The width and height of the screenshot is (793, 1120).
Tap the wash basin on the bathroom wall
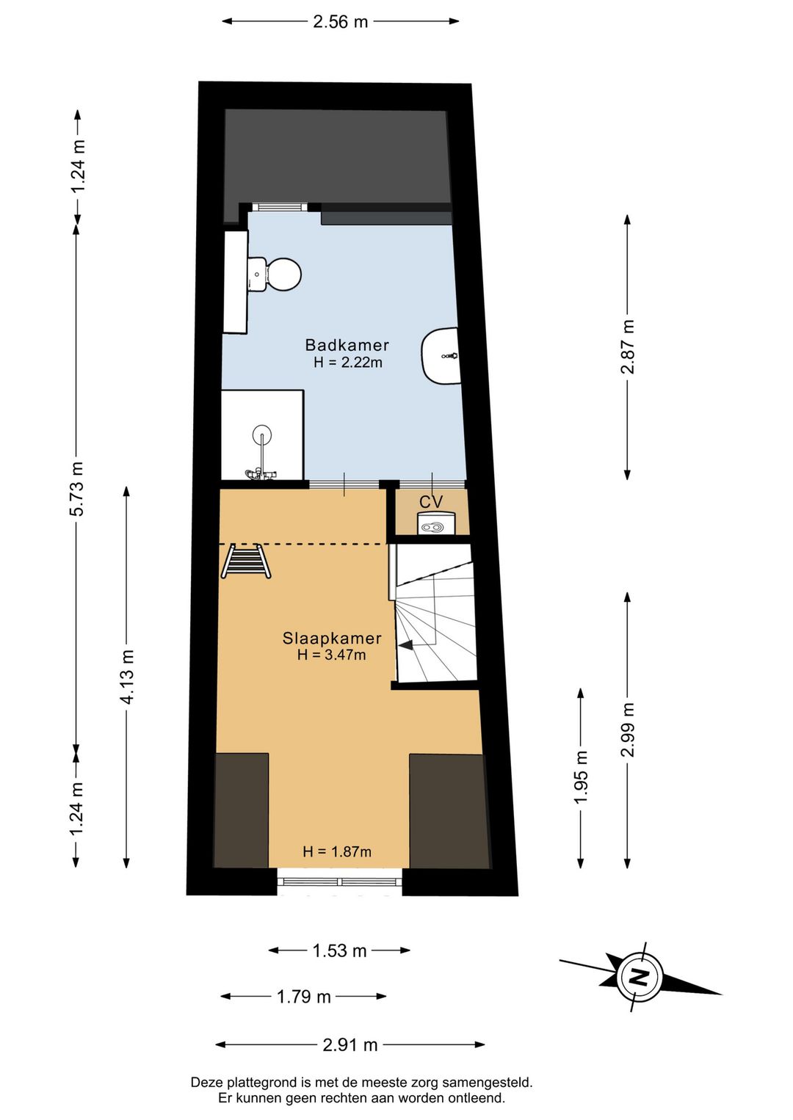[441, 356]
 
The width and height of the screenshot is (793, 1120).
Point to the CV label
[431, 502]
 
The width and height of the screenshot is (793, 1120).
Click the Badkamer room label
[347, 345]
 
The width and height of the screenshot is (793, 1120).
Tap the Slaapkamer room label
[332, 638]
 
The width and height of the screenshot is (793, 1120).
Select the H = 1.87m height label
[337, 851]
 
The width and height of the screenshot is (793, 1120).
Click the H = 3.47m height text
[332, 655]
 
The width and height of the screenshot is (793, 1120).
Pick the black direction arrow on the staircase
[405, 645]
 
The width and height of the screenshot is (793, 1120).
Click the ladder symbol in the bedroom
[246, 561]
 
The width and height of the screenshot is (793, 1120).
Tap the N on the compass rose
[639, 977]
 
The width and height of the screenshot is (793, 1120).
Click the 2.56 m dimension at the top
[340, 22]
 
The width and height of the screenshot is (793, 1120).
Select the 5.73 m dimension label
[77, 489]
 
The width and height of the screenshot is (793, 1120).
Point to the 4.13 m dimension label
[127, 677]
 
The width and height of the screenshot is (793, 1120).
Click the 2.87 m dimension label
[628, 346]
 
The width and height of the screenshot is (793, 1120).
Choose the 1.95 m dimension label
[581, 777]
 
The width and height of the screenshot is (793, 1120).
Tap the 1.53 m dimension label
[339, 950]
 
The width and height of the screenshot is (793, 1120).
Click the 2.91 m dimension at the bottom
[350, 1044]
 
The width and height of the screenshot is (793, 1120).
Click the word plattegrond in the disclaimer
[262, 1082]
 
